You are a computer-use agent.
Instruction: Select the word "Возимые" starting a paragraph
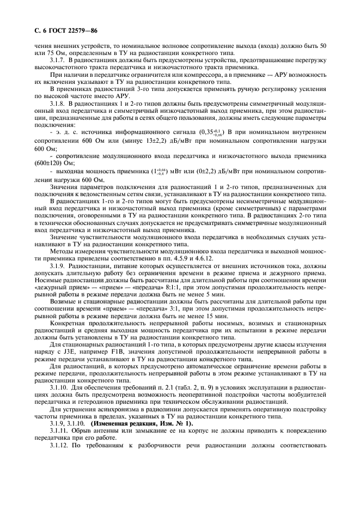(x=63, y=301)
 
